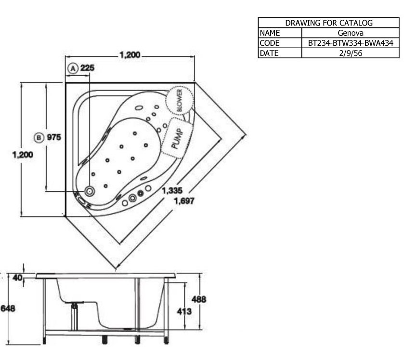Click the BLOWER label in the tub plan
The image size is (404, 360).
pyautogui.click(x=180, y=100)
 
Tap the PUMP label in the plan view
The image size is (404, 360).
pyautogui.click(x=178, y=138)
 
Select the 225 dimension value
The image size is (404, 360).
pyautogui.click(x=87, y=68)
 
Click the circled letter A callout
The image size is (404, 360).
pyautogui.click(x=73, y=68)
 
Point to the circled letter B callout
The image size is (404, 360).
pyautogui.click(x=39, y=137)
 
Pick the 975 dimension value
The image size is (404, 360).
pyautogui.click(x=54, y=137)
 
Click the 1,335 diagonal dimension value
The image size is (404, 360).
pyautogui.click(x=172, y=190)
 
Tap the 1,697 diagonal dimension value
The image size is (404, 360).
pyautogui.click(x=184, y=200)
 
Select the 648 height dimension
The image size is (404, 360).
pyautogui.click(x=8, y=308)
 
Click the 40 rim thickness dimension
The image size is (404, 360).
pyautogui.click(x=17, y=278)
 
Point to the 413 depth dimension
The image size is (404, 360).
pyautogui.click(x=184, y=311)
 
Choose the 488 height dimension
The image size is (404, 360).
pyautogui.click(x=199, y=299)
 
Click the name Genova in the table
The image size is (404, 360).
pyautogui.click(x=351, y=33)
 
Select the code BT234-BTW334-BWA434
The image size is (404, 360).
pyautogui.click(x=351, y=43)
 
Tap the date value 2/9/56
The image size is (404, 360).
pyautogui.click(x=351, y=53)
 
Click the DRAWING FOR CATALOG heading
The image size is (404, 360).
pyautogui.click(x=329, y=23)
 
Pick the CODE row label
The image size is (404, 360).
pyautogui.click(x=270, y=43)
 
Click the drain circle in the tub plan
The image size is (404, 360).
pyautogui.click(x=90, y=191)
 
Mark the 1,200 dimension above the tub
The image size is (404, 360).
pyautogui.click(x=130, y=54)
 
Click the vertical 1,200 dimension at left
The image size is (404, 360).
pyautogui.click(x=23, y=155)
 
